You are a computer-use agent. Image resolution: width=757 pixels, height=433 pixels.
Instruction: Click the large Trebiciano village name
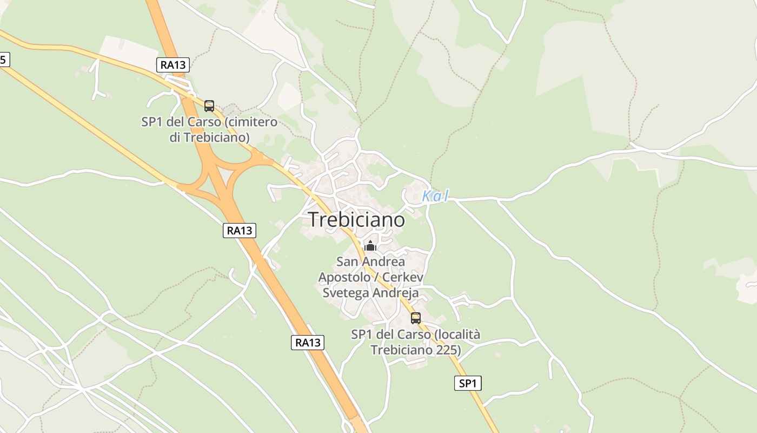(356, 220)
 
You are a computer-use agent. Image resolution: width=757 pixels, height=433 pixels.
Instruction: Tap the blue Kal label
(435, 196)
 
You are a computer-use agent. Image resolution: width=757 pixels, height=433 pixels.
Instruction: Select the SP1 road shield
(467, 384)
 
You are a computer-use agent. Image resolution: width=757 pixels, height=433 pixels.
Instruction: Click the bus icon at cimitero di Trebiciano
(209, 106)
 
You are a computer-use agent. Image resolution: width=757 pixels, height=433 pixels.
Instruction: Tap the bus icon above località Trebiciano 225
(415, 318)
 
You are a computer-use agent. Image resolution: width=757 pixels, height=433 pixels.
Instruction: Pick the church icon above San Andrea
(370, 246)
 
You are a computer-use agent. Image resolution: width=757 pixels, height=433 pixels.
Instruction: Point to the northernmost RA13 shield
(173, 65)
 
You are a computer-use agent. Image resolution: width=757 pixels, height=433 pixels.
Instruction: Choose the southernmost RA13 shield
(308, 342)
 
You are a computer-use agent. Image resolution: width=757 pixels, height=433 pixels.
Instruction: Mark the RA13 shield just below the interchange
(239, 231)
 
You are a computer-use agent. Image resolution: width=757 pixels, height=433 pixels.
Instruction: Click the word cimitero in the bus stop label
(252, 122)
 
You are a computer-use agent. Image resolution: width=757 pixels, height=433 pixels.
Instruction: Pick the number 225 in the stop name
(448, 350)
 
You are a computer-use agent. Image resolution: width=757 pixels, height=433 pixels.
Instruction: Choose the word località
(457, 334)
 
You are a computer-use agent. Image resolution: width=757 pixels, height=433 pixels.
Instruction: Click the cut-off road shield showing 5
(3, 60)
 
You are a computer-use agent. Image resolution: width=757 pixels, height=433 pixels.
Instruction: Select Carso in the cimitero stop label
(201, 122)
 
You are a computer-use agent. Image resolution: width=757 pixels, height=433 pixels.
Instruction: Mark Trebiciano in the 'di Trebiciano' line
(216, 137)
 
